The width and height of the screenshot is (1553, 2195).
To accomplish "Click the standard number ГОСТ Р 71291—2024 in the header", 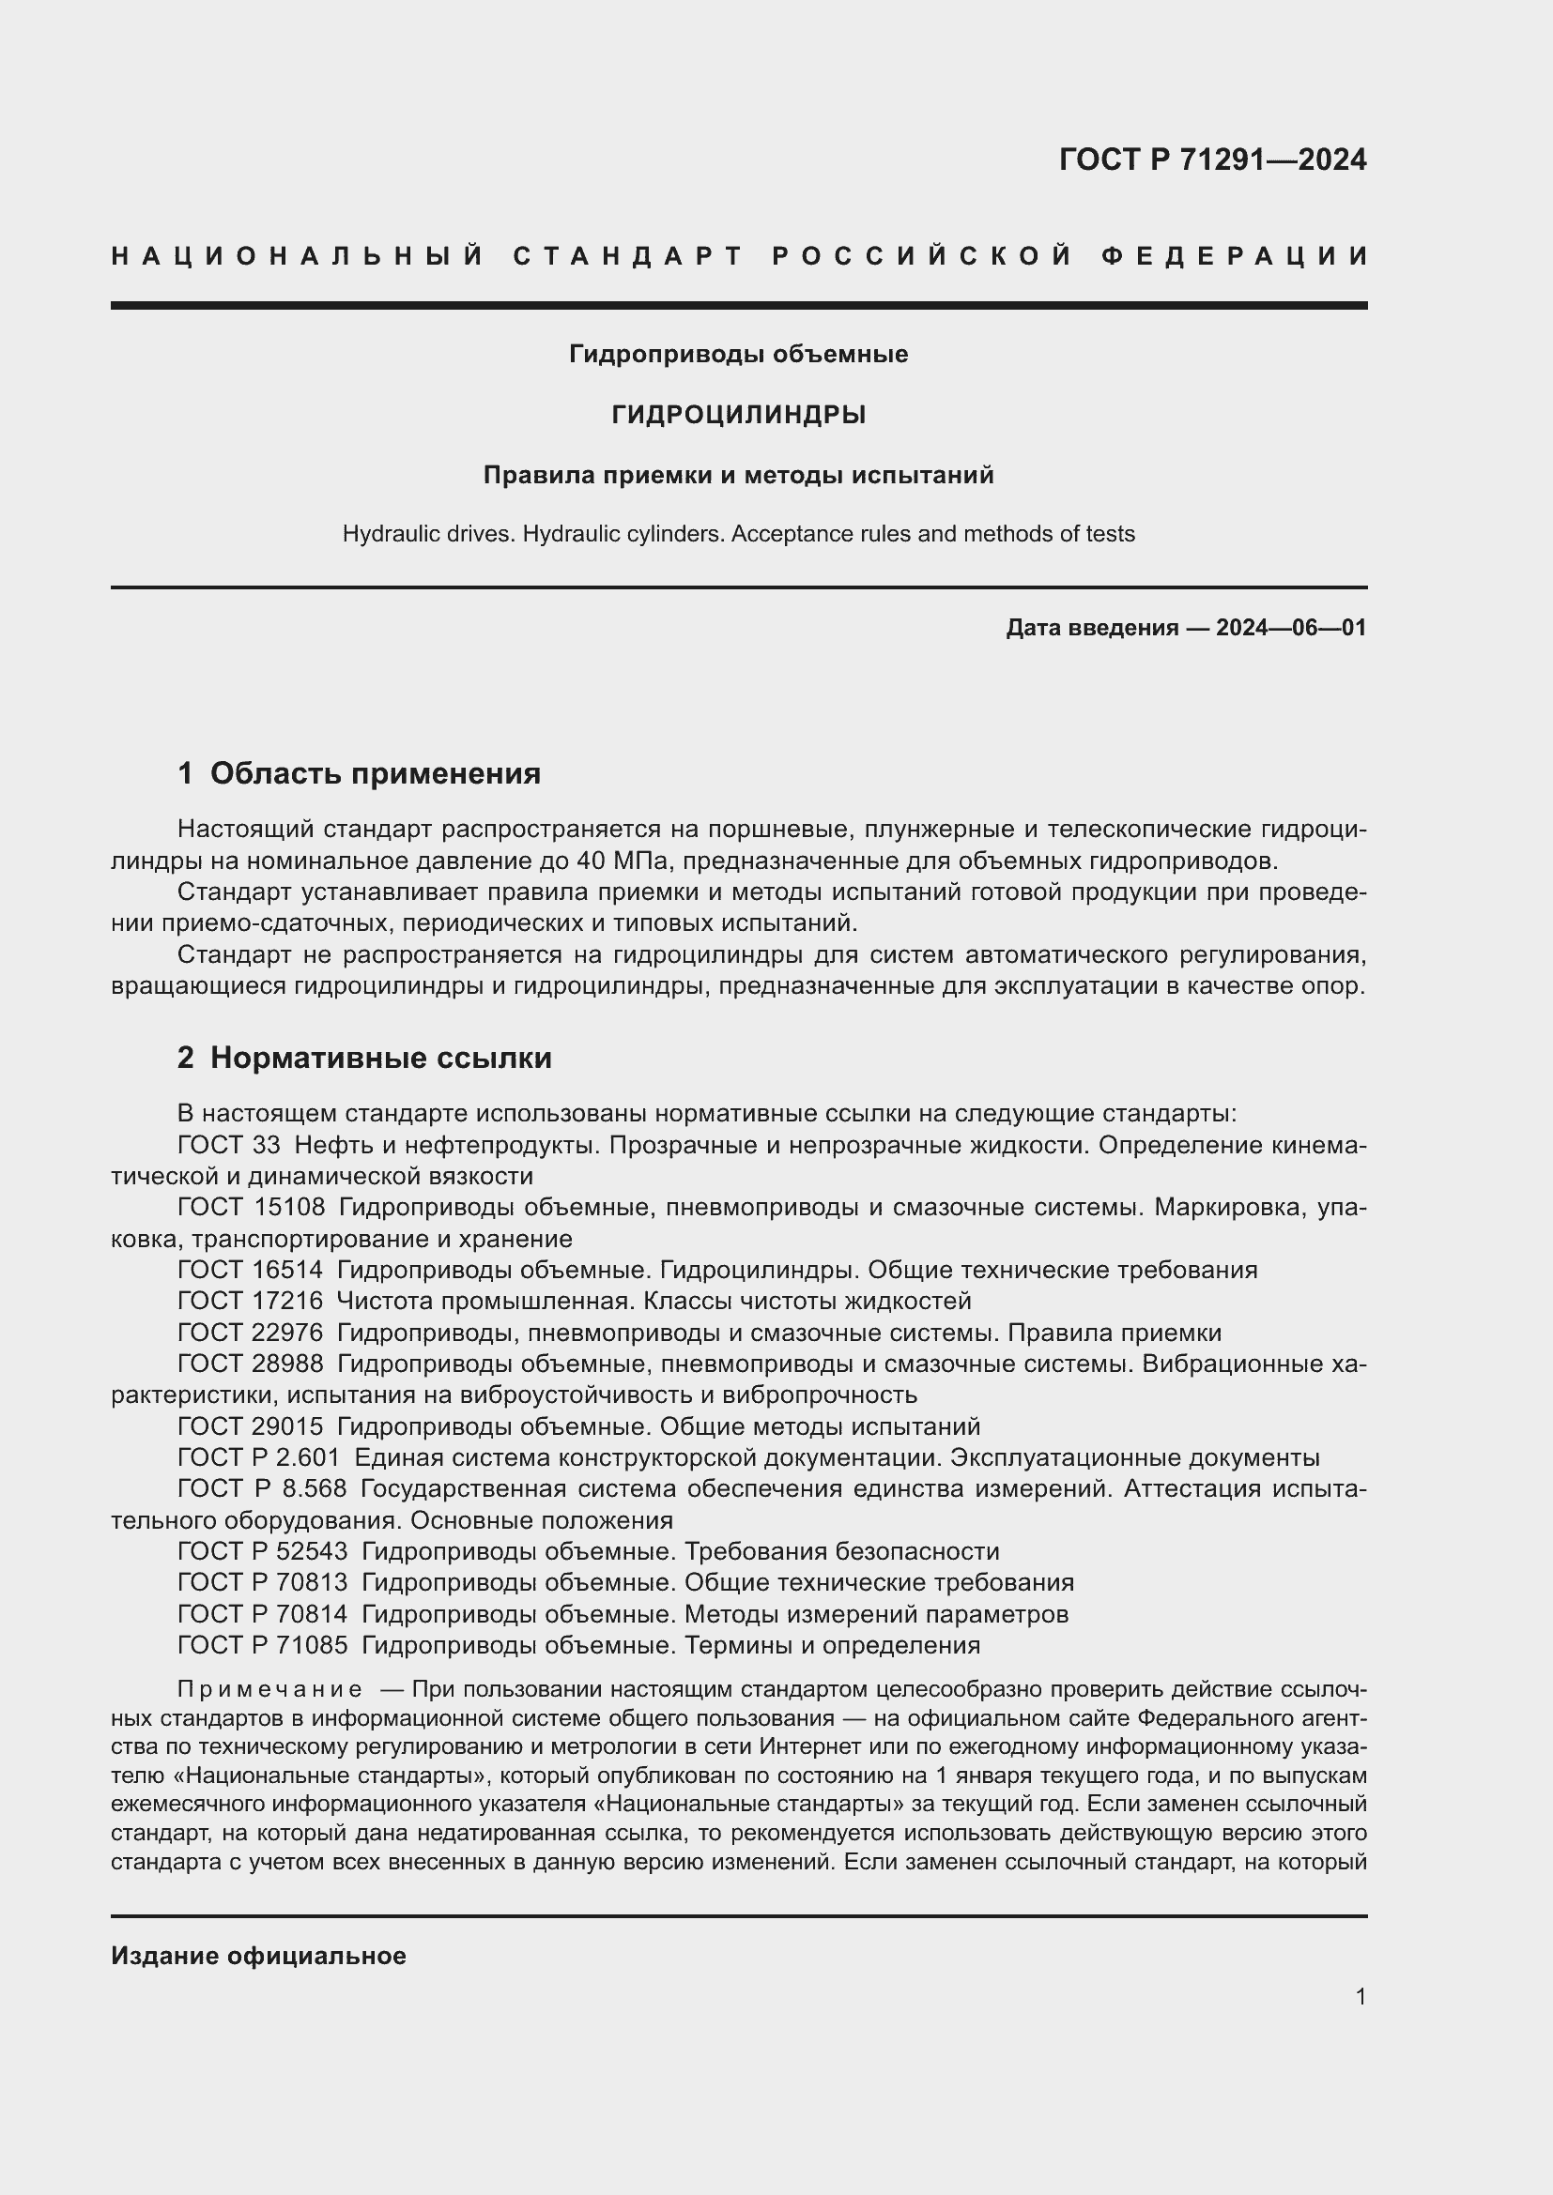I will [x=1211, y=160].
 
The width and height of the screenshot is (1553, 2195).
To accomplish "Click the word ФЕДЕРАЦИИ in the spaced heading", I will [x=1234, y=256].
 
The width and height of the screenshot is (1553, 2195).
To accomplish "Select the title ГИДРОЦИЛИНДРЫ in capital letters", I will [x=738, y=415].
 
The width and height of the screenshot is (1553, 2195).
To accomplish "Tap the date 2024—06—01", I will [x=1290, y=628].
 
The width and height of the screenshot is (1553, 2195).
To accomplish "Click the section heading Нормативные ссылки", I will [x=380, y=1058].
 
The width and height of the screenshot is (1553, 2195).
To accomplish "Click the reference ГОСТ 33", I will [x=228, y=1144].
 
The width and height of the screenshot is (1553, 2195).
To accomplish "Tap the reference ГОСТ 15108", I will [x=251, y=1208].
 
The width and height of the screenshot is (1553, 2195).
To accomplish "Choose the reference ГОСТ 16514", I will [x=251, y=1270].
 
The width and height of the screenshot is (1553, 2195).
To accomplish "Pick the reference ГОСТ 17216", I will [x=251, y=1301].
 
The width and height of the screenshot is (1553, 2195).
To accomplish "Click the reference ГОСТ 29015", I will [x=251, y=1426].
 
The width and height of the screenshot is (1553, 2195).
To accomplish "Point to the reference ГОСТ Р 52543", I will [x=262, y=1550].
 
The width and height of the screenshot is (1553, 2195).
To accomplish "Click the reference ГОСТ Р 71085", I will [x=262, y=1644].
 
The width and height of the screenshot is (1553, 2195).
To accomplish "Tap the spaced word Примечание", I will [x=269, y=1689].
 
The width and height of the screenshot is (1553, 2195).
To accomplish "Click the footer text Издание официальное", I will [x=258, y=1956].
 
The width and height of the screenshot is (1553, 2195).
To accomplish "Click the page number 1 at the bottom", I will [x=1360, y=1996].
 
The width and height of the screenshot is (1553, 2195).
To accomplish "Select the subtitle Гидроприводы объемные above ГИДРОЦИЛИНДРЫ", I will [x=738, y=355].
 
